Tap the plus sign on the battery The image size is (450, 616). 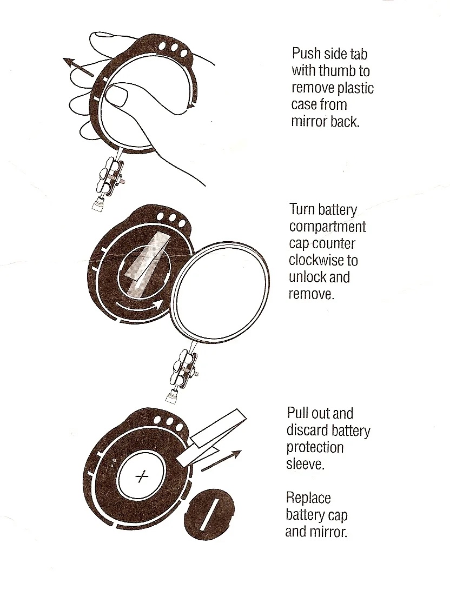(x=142, y=476)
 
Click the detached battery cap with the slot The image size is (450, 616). (x=211, y=514)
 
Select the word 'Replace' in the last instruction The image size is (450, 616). (x=308, y=498)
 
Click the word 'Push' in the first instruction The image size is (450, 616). (x=306, y=54)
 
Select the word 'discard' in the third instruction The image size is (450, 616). (x=306, y=430)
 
